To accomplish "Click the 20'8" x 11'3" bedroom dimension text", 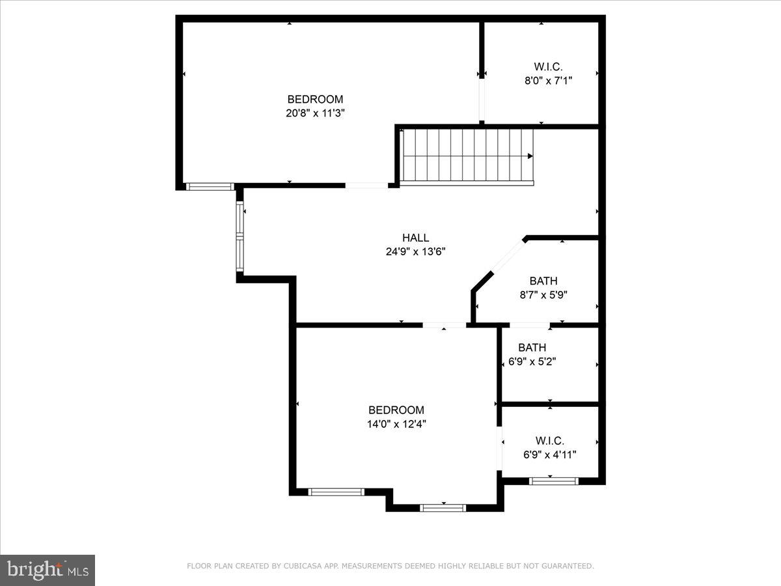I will [316, 113].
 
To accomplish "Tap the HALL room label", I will [415, 238].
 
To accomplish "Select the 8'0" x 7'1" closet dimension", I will [548, 80].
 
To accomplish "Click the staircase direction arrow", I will [530, 156].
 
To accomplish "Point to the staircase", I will [466, 156].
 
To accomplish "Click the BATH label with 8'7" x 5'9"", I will [543, 281].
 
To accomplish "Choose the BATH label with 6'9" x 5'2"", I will [532, 347].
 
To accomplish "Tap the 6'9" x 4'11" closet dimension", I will [549, 454].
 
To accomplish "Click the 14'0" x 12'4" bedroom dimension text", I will [396, 424].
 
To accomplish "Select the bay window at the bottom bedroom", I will [443, 507].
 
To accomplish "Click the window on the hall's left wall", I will [240, 237].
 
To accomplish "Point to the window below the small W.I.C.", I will [553, 481].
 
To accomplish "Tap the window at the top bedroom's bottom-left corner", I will [210, 186].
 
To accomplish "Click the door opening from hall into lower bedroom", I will [444, 324].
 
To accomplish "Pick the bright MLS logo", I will [48, 570].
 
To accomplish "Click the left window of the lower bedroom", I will [336, 492].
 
